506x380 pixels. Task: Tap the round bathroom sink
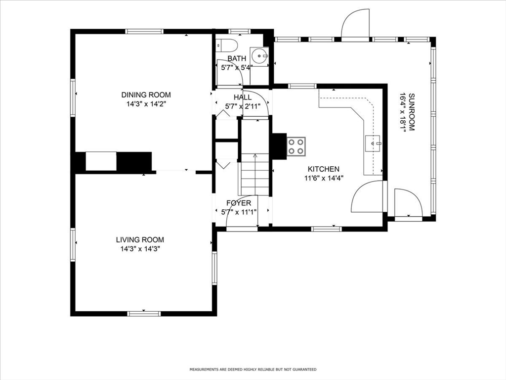point(259,56)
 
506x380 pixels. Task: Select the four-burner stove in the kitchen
point(296,146)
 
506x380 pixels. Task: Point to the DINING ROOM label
point(146,95)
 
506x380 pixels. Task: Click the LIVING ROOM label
point(140,240)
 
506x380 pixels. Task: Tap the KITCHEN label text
point(323,169)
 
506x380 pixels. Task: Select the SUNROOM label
point(411,112)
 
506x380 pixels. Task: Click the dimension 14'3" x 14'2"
point(146,104)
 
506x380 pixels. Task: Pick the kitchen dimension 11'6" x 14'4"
point(324,178)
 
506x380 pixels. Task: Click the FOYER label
point(239,203)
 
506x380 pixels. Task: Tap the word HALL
point(243,97)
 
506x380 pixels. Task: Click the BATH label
point(237,58)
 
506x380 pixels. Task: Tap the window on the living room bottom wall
point(144,313)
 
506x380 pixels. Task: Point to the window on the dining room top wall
point(144,31)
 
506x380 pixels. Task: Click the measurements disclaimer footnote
point(253,369)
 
